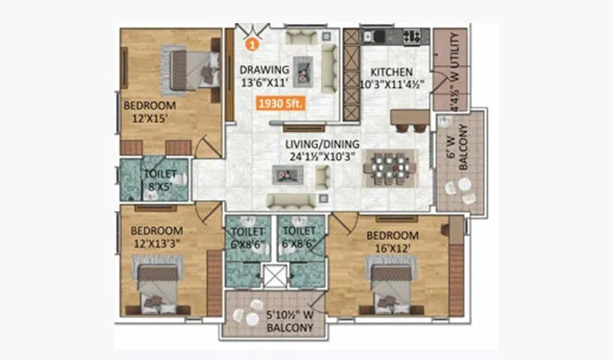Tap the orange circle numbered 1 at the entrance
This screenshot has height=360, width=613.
click(x=247, y=45)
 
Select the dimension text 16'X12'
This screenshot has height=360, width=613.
click(x=392, y=248)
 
